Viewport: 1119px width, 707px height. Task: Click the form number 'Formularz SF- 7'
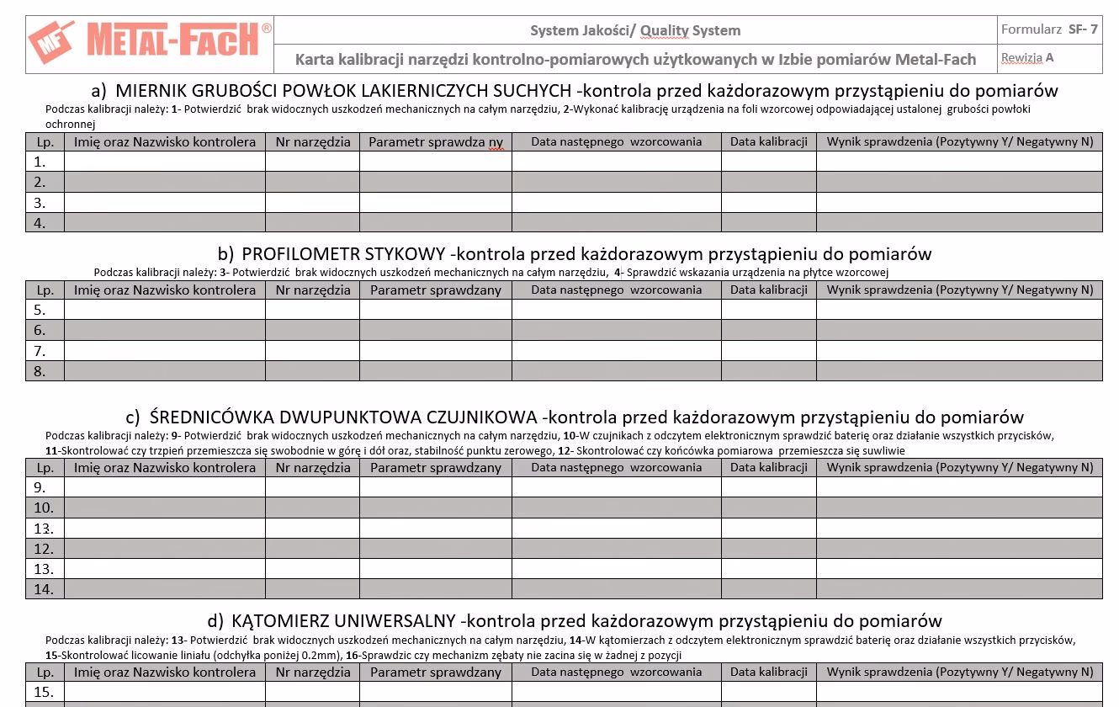pyautogui.click(x=1048, y=29)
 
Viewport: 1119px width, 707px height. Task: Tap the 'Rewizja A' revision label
pyautogui.click(x=1026, y=58)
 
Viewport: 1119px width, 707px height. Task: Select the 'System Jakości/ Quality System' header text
pyautogui.click(x=635, y=31)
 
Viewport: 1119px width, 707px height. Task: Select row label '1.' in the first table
pyautogui.click(x=40, y=162)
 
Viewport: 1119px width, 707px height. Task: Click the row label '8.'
pyautogui.click(x=40, y=371)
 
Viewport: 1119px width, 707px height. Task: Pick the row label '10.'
pyautogui.click(x=44, y=508)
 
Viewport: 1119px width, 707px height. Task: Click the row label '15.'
pyautogui.click(x=44, y=692)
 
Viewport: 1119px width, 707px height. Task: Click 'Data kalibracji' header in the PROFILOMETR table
pyautogui.click(x=768, y=290)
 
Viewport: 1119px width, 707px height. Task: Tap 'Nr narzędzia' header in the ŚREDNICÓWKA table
pyautogui.click(x=313, y=467)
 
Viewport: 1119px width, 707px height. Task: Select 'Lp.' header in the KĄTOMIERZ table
pyautogui.click(x=45, y=672)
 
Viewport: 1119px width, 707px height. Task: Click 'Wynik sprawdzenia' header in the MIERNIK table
pyautogui.click(x=959, y=141)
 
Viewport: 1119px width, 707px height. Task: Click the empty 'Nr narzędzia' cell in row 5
pyautogui.click(x=313, y=310)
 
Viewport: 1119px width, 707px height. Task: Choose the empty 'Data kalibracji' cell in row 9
pyautogui.click(x=768, y=487)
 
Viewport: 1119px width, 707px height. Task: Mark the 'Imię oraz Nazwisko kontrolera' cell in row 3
pyautogui.click(x=165, y=203)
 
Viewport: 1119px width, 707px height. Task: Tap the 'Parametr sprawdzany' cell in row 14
pyautogui.click(x=436, y=589)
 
